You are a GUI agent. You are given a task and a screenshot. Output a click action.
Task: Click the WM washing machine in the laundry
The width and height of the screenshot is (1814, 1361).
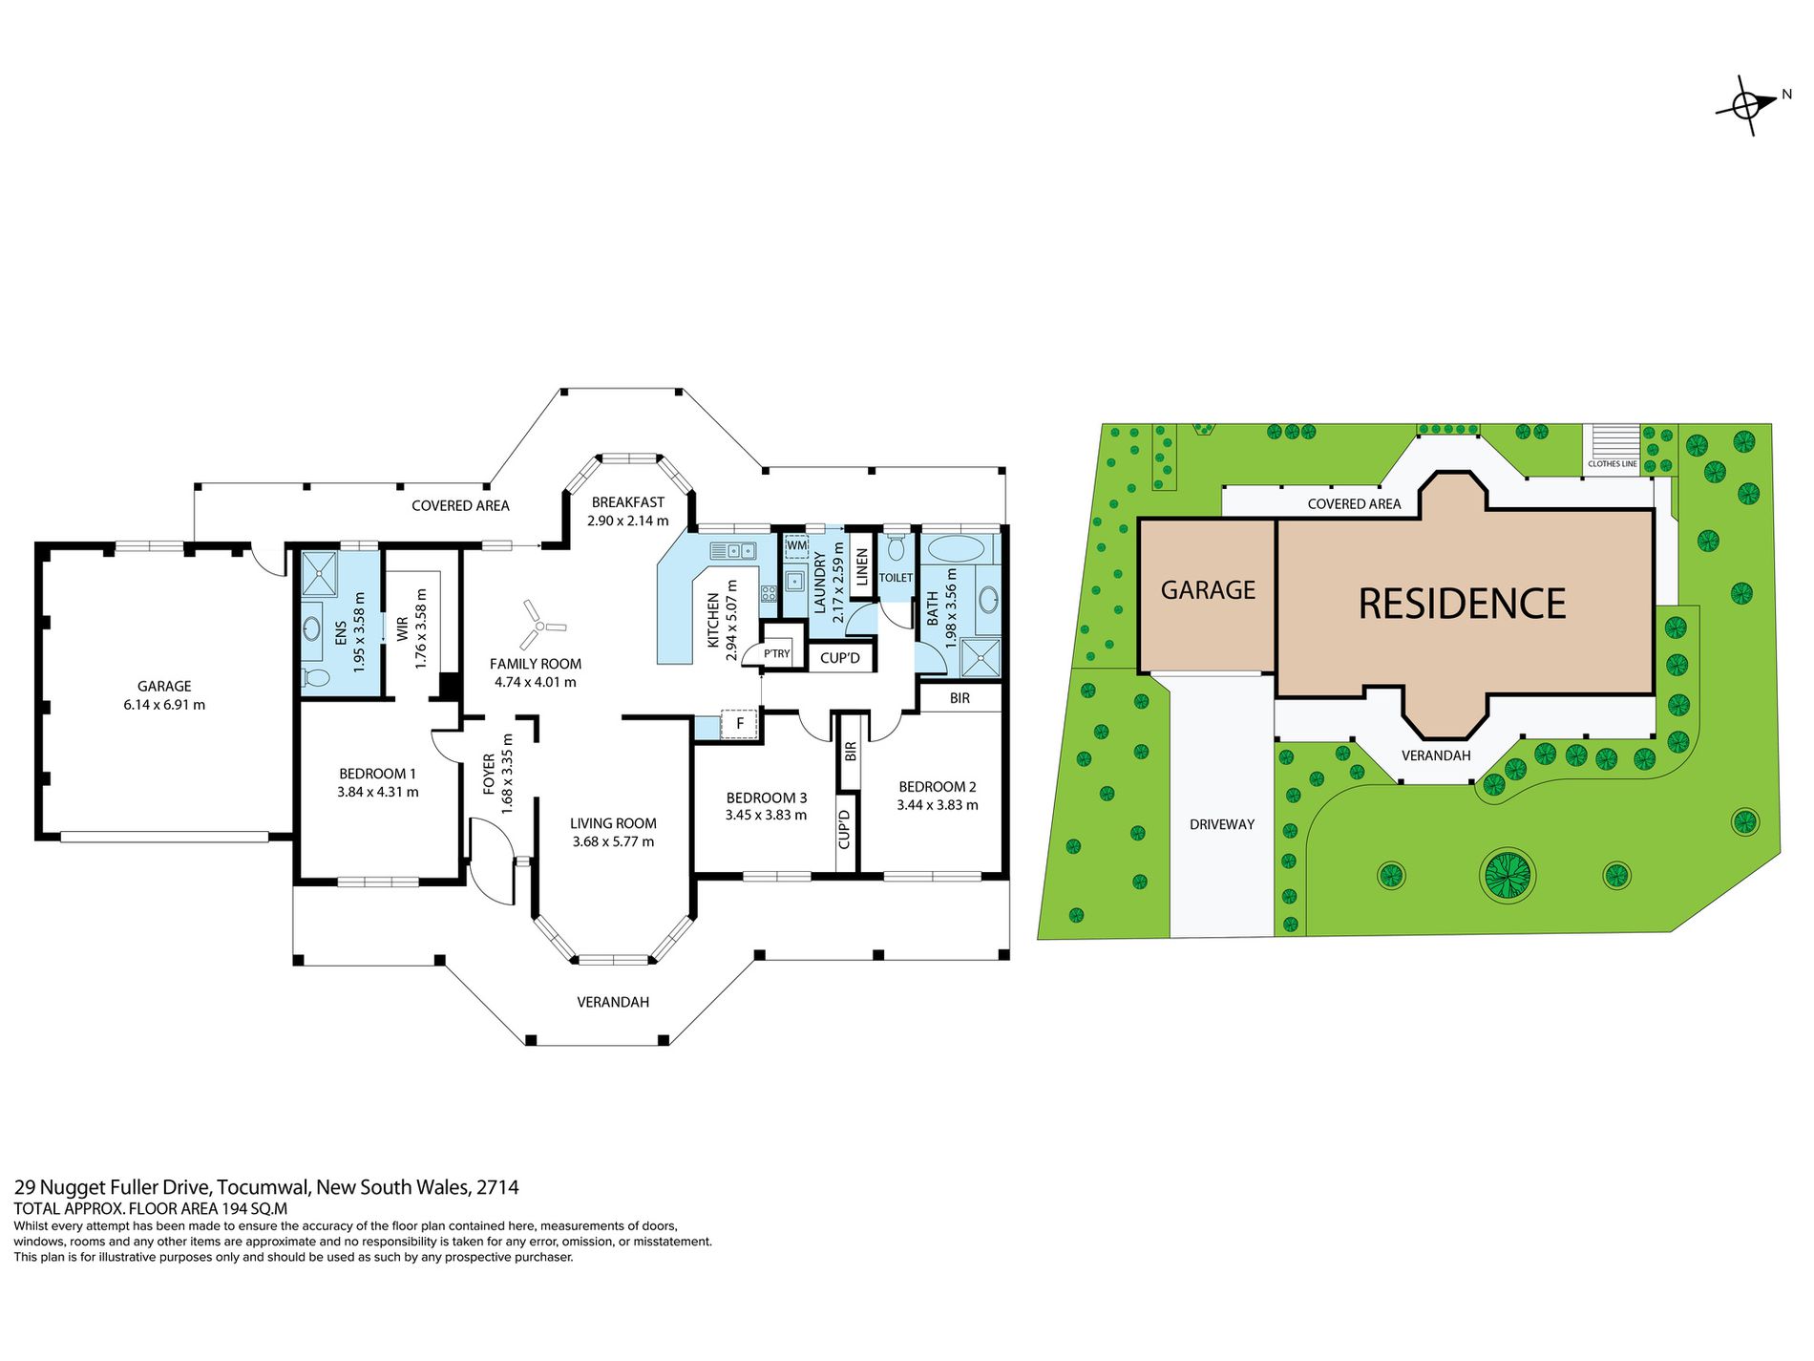pos(796,546)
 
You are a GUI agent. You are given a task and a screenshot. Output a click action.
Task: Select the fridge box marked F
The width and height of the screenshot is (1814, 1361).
pos(739,724)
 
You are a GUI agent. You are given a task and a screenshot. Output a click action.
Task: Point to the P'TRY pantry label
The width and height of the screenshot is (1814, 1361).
pos(777,654)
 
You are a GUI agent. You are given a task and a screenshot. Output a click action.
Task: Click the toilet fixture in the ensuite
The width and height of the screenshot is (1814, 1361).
pos(316,677)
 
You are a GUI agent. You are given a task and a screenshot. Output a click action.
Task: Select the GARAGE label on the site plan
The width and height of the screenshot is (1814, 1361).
pos(1208,590)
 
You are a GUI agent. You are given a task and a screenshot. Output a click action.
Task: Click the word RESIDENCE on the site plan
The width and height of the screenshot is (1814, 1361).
pos(1462,604)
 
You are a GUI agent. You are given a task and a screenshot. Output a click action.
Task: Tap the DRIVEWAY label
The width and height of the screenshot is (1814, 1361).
pos(1222,824)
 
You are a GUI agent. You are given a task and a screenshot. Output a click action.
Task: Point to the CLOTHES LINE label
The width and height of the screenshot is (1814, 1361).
pos(1613,464)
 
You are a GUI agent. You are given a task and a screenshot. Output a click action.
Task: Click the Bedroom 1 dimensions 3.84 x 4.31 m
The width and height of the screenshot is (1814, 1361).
pos(378,792)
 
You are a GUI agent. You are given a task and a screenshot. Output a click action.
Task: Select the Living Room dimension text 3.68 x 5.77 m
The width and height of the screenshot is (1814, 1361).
pos(613,841)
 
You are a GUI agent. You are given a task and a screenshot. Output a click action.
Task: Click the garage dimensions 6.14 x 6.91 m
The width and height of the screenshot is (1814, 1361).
pos(164,705)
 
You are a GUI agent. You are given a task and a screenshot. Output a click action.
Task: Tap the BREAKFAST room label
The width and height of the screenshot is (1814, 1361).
pos(627,502)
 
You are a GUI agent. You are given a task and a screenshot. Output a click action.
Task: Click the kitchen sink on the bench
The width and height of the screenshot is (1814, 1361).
pos(733,550)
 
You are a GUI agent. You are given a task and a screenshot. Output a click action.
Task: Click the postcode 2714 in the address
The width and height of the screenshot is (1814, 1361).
pos(497,1187)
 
